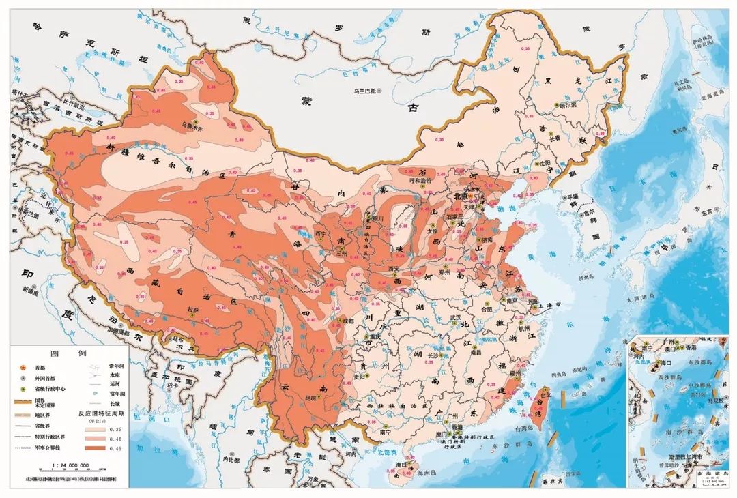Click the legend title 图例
(73, 353)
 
